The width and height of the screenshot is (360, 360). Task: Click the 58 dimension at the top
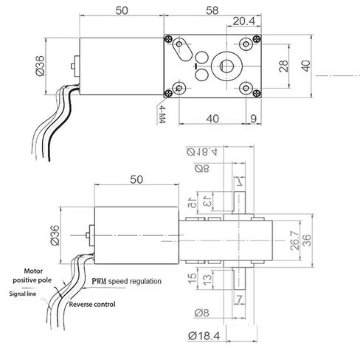(x=212, y=10)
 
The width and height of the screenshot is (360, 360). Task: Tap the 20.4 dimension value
(x=243, y=21)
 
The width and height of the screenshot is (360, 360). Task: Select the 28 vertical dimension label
(x=283, y=66)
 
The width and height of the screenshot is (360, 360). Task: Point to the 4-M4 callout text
(x=161, y=114)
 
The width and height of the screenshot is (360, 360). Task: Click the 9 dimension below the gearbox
(x=254, y=119)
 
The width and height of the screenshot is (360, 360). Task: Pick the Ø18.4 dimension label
(x=204, y=336)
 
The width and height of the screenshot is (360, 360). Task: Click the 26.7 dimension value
(x=294, y=240)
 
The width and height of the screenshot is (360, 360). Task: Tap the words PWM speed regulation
(x=127, y=281)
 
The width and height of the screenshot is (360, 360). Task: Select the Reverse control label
(x=92, y=305)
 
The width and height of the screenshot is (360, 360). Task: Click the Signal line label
(x=23, y=294)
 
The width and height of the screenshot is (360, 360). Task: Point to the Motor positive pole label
(x=32, y=276)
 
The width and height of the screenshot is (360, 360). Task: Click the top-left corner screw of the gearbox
(x=168, y=39)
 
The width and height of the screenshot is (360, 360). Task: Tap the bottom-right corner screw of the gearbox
(x=257, y=93)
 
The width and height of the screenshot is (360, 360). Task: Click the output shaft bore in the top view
(x=226, y=66)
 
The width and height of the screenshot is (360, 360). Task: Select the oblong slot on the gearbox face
(x=182, y=49)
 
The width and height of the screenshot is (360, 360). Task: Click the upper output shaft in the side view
(x=239, y=203)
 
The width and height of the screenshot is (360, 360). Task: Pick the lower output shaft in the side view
(x=239, y=279)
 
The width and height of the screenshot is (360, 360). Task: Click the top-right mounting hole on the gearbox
(x=246, y=44)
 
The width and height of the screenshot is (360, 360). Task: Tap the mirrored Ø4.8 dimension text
(x=202, y=152)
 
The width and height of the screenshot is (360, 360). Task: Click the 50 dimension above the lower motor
(x=136, y=180)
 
